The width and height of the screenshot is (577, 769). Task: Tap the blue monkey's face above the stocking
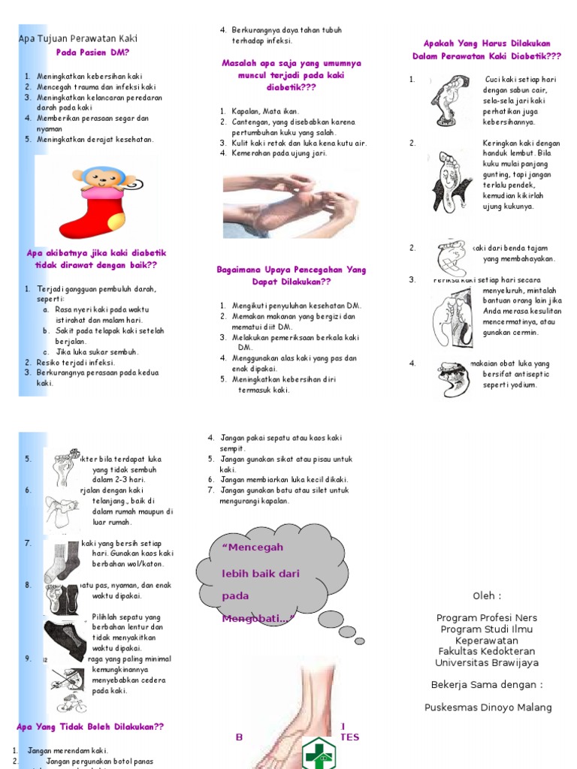point(101,178)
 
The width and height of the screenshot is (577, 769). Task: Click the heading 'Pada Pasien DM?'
point(92,53)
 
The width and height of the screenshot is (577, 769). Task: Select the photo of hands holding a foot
point(289,204)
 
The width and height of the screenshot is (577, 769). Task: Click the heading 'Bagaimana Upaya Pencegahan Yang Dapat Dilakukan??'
point(291,276)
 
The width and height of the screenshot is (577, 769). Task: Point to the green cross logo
point(319,752)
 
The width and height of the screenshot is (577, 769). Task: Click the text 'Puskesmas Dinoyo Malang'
point(488,707)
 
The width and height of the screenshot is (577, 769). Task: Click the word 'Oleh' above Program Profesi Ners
point(486,596)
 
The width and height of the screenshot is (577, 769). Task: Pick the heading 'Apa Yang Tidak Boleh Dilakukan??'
point(89,727)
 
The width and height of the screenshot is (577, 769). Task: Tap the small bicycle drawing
point(71,703)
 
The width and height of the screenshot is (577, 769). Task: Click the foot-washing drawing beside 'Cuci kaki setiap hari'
point(449,101)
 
